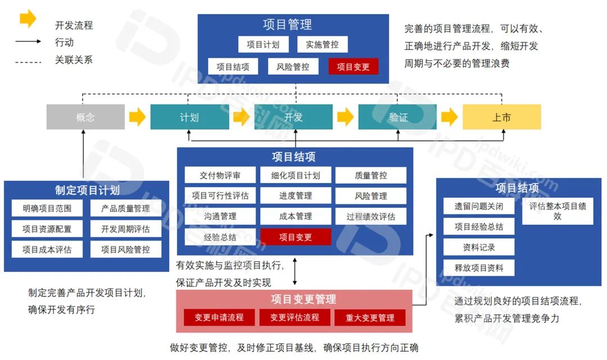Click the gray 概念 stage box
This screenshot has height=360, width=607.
(x=85, y=117)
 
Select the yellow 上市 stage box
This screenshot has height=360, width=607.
(x=501, y=117)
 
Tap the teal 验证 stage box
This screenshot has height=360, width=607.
(x=398, y=117)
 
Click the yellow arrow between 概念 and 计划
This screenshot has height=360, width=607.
(x=137, y=117)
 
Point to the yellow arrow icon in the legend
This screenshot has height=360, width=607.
(x=28, y=19)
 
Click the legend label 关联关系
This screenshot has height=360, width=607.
(x=74, y=60)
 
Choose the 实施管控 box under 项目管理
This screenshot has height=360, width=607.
(x=322, y=44)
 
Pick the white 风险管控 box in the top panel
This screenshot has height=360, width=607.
(x=293, y=67)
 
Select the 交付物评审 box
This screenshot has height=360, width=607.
(x=220, y=175)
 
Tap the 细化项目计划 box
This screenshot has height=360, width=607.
(x=296, y=175)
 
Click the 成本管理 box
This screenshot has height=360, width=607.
(x=296, y=216)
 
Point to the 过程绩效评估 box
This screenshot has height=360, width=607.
(x=371, y=216)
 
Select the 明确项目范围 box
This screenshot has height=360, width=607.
(x=47, y=208)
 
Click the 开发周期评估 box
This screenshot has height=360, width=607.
(x=126, y=229)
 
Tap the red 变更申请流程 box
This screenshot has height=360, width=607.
(x=219, y=318)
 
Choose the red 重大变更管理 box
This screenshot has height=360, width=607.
(x=370, y=318)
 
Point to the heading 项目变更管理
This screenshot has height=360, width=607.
(x=295, y=300)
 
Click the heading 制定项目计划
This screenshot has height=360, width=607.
(x=87, y=190)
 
